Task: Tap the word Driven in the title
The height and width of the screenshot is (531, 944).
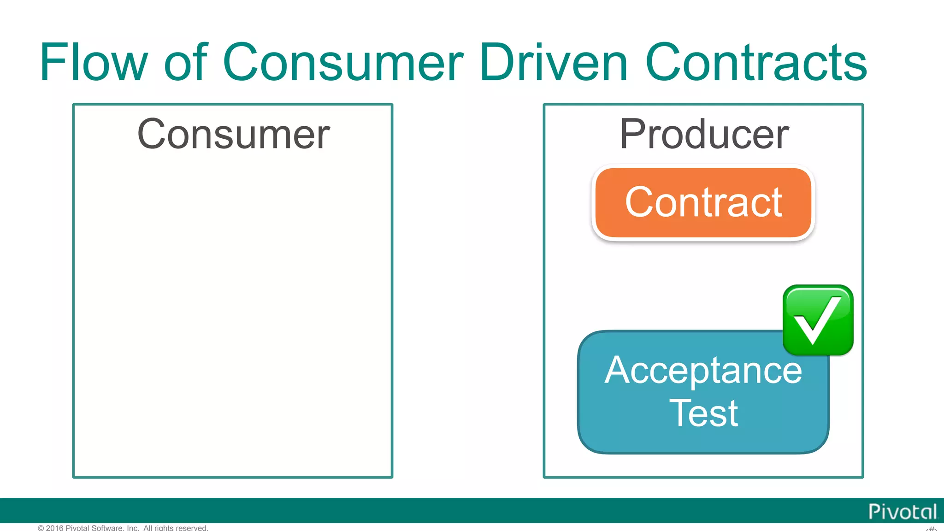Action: (x=554, y=62)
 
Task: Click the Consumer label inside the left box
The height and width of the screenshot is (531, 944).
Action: (x=233, y=134)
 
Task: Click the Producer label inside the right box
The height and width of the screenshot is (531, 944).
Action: (x=704, y=134)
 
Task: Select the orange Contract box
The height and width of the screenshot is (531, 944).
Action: (x=703, y=203)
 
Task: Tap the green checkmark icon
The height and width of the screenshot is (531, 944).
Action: (x=818, y=320)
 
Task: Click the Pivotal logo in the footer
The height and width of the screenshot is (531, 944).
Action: (x=902, y=512)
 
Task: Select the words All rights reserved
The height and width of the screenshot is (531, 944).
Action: (x=176, y=528)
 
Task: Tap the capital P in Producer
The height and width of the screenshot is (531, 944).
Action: (x=632, y=134)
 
